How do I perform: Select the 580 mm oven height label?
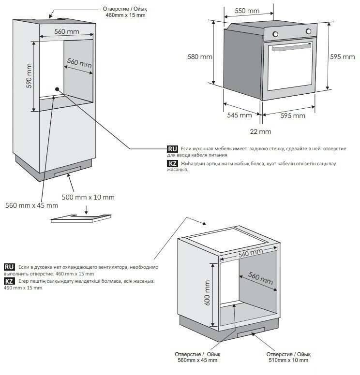tap(200, 57)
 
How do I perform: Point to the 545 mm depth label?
tap(239, 115)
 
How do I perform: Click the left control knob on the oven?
tap(275, 33)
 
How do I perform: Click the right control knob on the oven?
tap(308, 31)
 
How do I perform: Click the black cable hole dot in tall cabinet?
tap(57, 89)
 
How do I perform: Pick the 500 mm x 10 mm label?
tap(88, 197)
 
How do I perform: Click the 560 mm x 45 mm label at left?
tap(31, 205)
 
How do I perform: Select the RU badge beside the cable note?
tap(172, 148)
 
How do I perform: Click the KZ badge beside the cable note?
tap(172, 164)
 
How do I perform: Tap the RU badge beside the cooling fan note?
tap(9, 267)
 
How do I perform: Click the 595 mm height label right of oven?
tap(342, 57)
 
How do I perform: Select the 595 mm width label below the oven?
tap(293, 115)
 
